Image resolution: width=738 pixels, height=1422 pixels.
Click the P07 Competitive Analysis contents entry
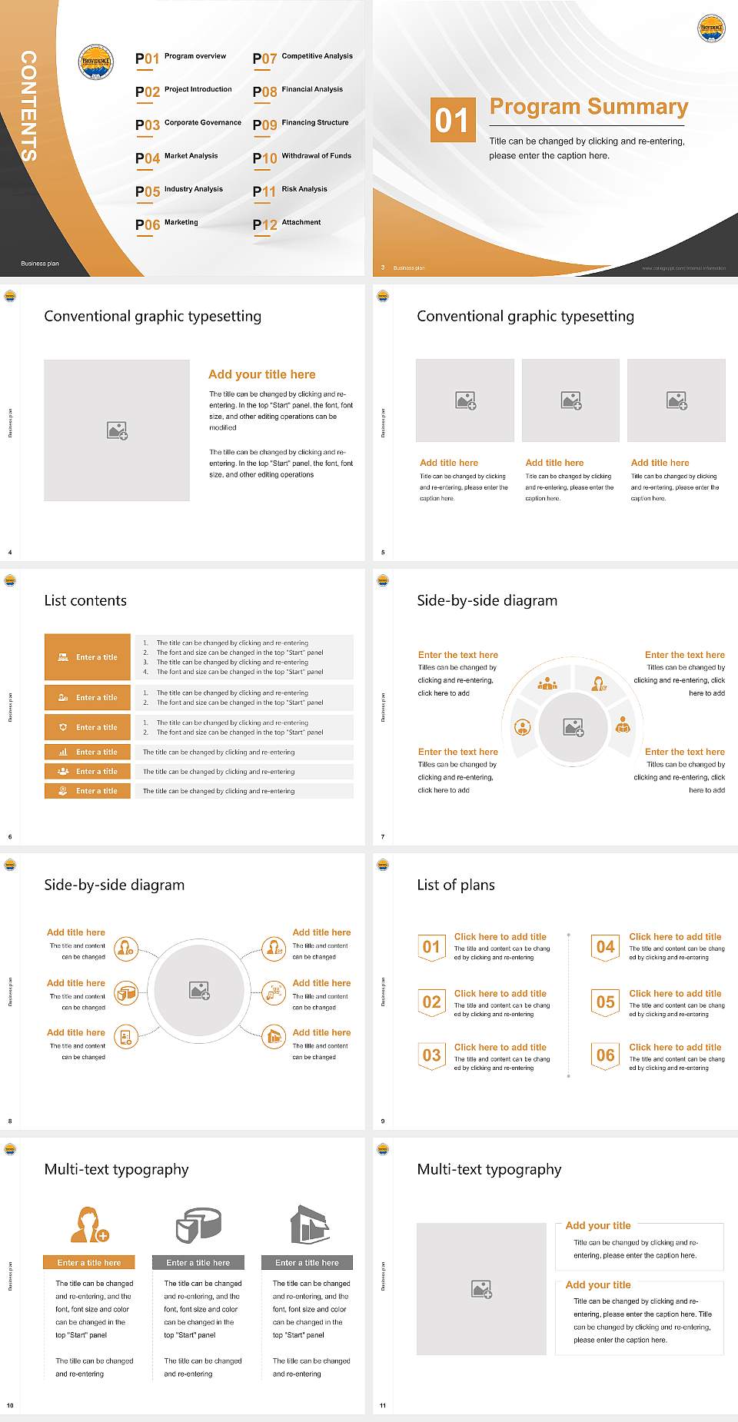(303, 58)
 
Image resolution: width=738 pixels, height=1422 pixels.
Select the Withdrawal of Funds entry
(303, 158)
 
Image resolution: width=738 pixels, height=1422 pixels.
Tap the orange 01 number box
(450, 120)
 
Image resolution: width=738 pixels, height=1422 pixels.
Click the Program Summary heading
(588, 107)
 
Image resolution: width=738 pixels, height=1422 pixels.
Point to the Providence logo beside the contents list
(96, 61)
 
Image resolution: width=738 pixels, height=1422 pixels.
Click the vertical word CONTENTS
(28, 106)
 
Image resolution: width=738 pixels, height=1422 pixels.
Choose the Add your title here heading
(261, 374)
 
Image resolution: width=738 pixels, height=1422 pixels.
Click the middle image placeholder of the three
(570, 400)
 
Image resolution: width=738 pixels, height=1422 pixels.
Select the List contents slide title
(85, 600)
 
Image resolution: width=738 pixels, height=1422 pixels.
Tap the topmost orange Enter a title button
(88, 657)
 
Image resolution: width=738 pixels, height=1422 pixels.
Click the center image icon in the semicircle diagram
(573, 727)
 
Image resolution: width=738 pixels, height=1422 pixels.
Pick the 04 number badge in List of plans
(606, 947)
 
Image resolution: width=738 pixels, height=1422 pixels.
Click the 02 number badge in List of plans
(431, 1002)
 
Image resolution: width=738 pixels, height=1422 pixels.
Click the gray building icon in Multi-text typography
(309, 1224)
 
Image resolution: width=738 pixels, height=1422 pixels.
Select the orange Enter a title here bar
(89, 1263)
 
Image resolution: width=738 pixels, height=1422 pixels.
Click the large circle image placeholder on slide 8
(199, 991)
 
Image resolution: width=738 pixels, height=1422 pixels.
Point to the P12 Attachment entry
(288, 224)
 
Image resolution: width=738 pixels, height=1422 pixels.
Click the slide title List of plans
(455, 885)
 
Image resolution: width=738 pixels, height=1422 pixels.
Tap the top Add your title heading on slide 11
(598, 1225)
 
